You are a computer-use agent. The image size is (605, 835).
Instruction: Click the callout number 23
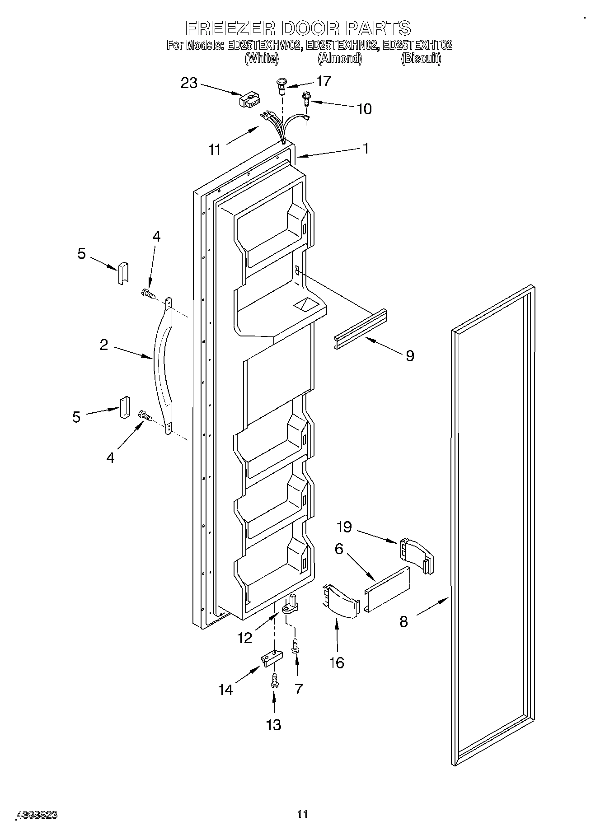coord(189,83)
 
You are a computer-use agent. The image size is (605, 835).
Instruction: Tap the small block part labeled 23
coord(249,99)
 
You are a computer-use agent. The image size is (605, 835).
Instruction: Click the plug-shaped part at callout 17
coord(281,86)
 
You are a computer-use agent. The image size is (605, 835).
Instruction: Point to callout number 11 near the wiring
coord(215,149)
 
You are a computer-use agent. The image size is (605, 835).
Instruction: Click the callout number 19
coord(344,527)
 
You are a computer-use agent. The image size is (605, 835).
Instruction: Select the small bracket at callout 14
coord(271,658)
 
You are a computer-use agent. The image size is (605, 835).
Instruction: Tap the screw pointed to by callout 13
coord(273,680)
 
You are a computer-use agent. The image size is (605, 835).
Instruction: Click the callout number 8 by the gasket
coord(403,621)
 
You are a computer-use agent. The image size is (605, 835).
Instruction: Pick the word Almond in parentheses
coord(340,58)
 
